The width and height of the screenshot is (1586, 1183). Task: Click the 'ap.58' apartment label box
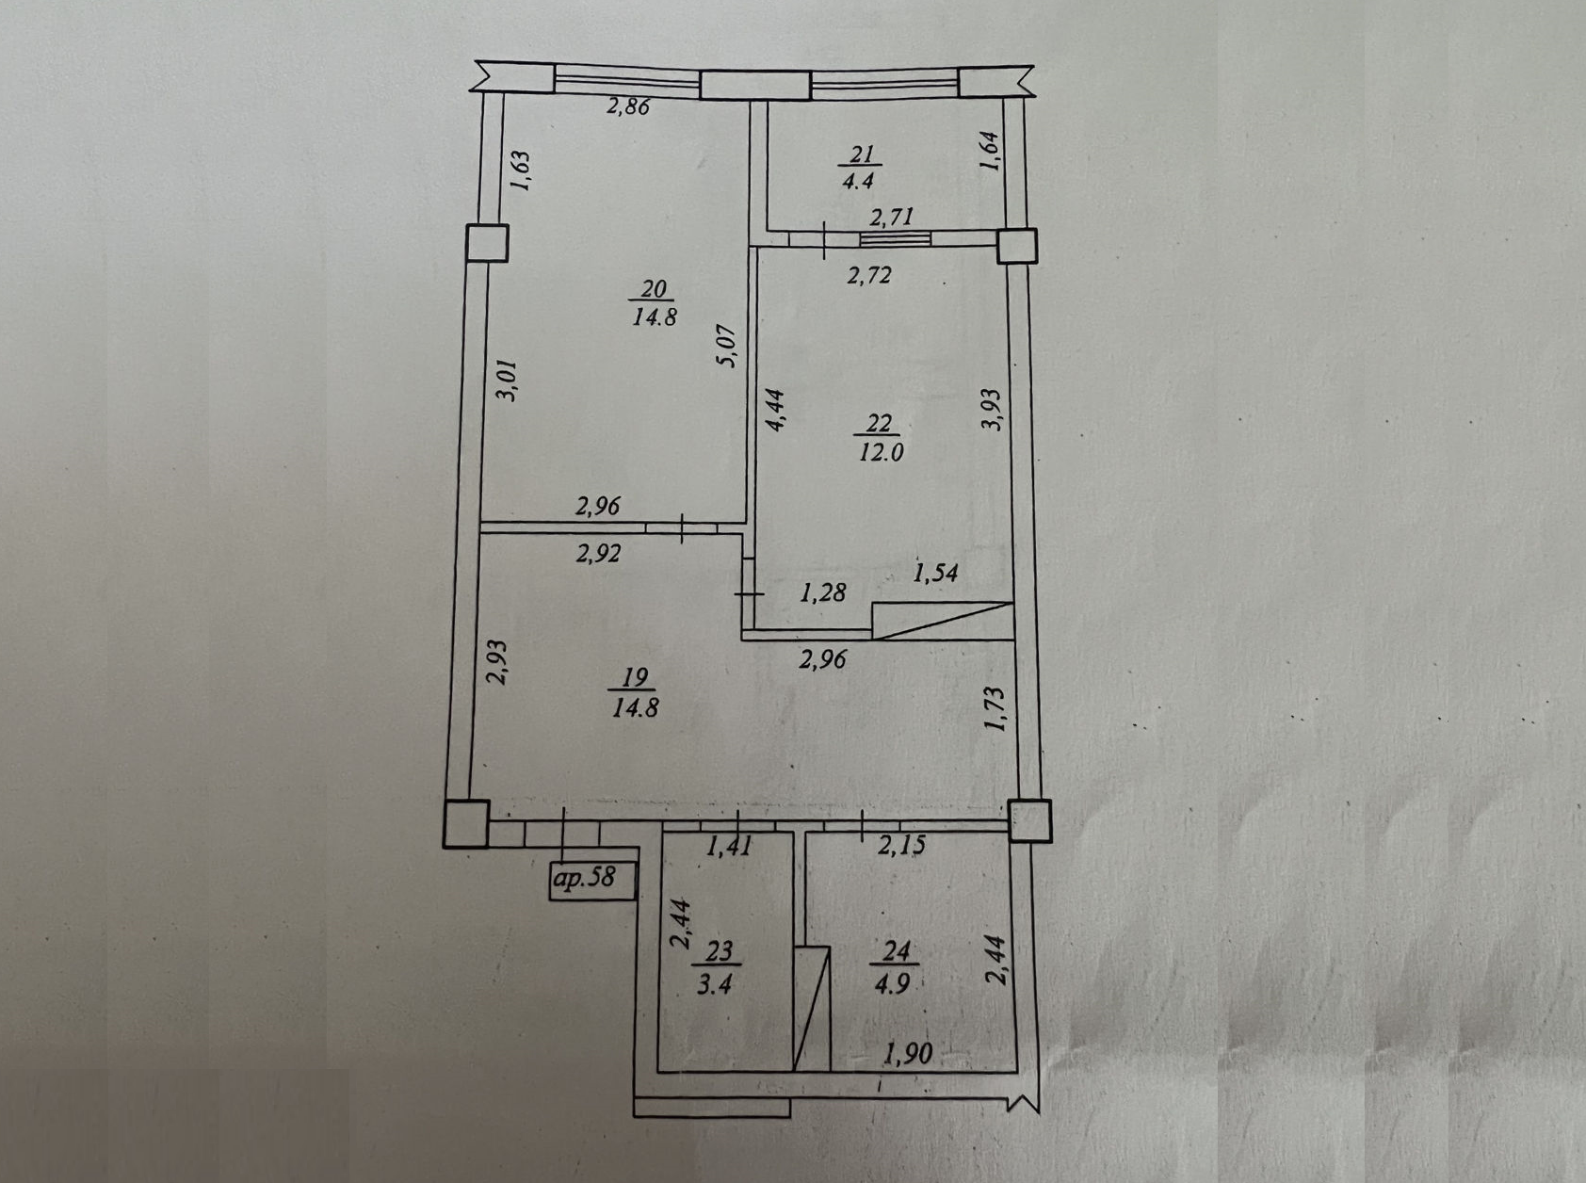[x=593, y=878]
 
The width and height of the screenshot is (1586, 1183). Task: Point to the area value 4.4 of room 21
[x=858, y=180]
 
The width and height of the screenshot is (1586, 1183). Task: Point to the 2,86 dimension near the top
[x=627, y=106]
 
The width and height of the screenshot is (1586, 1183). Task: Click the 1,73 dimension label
[x=995, y=708]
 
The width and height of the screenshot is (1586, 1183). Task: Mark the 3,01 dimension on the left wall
[x=507, y=381]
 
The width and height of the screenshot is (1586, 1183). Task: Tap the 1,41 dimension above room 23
[x=728, y=846]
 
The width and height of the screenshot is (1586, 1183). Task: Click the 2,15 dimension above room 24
[x=901, y=846]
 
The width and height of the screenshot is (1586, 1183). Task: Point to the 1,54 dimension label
[x=935, y=572]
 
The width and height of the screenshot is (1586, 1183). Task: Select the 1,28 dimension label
[x=822, y=592]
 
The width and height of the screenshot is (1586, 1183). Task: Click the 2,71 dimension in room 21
[x=891, y=217]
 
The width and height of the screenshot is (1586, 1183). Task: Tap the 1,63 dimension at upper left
[x=522, y=172]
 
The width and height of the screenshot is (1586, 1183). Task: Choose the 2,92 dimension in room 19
[x=599, y=554]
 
